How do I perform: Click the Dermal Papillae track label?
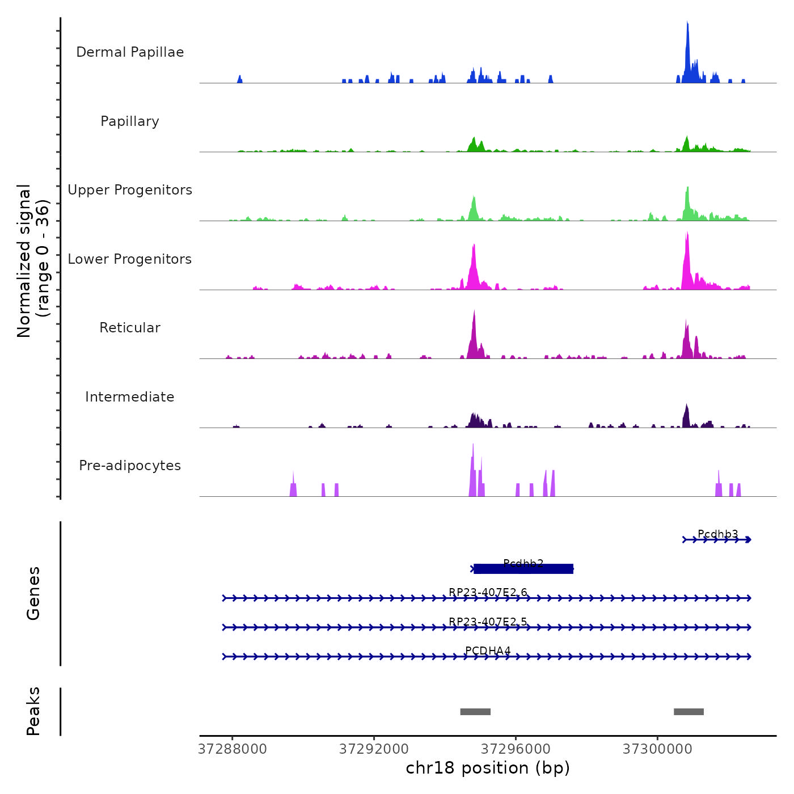pyautogui.click(x=130, y=52)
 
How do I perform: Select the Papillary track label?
pyautogui.click(x=130, y=121)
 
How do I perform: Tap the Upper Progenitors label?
pyautogui.click(x=130, y=190)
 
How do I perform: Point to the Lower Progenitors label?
pyautogui.click(x=130, y=259)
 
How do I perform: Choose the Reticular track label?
pyautogui.click(x=130, y=328)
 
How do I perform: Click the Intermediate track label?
pyautogui.click(x=130, y=397)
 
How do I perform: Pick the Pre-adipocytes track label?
pyautogui.click(x=130, y=466)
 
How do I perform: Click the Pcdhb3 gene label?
pyautogui.click(x=717, y=534)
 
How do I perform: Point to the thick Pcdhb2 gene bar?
pyautogui.click(x=523, y=569)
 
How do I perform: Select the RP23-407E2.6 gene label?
pyautogui.click(x=488, y=593)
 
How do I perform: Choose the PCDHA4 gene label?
pyautogui.click(x=488, y=651)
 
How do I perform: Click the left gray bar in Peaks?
pyautogui.click(x=475, y=712)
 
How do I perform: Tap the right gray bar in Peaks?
pyautogui.click(x=689, y=712)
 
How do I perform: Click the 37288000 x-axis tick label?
pyautogui.click(x=233, y=749)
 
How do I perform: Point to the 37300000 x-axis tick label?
pyautogui.click(x=657, y=749)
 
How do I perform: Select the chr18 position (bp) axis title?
pyautogui.click(x=488, y=768)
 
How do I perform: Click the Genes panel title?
pyautogui.click(x=33, y=593)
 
